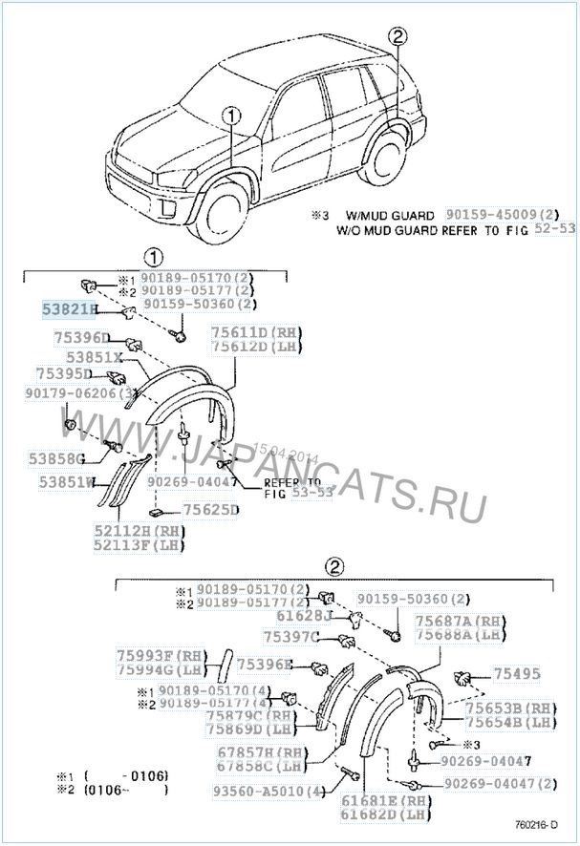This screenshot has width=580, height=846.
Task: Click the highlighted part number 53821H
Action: (x=67, y=310)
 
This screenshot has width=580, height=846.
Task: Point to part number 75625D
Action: (x=210, y=510)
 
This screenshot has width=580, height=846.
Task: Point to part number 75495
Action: (x=516, y=673)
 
